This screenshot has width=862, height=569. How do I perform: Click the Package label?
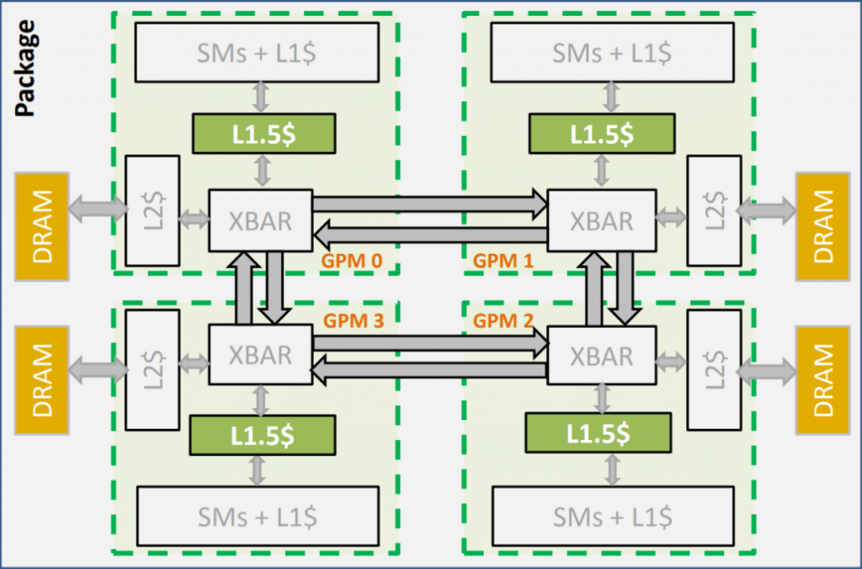click(x=25, y=68)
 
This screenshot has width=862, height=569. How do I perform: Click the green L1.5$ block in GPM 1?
click(x=602, y=133)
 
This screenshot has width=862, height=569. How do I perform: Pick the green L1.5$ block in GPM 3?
click(x=263, y=435)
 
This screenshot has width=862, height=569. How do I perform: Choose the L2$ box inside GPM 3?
click(x=152, y=368)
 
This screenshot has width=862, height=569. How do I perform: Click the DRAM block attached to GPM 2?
click(x=822, y=368)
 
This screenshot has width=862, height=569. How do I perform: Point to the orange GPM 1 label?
click(x=503, y=261)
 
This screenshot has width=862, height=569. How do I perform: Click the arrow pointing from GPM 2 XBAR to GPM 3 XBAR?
click(x=429, y=370)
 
